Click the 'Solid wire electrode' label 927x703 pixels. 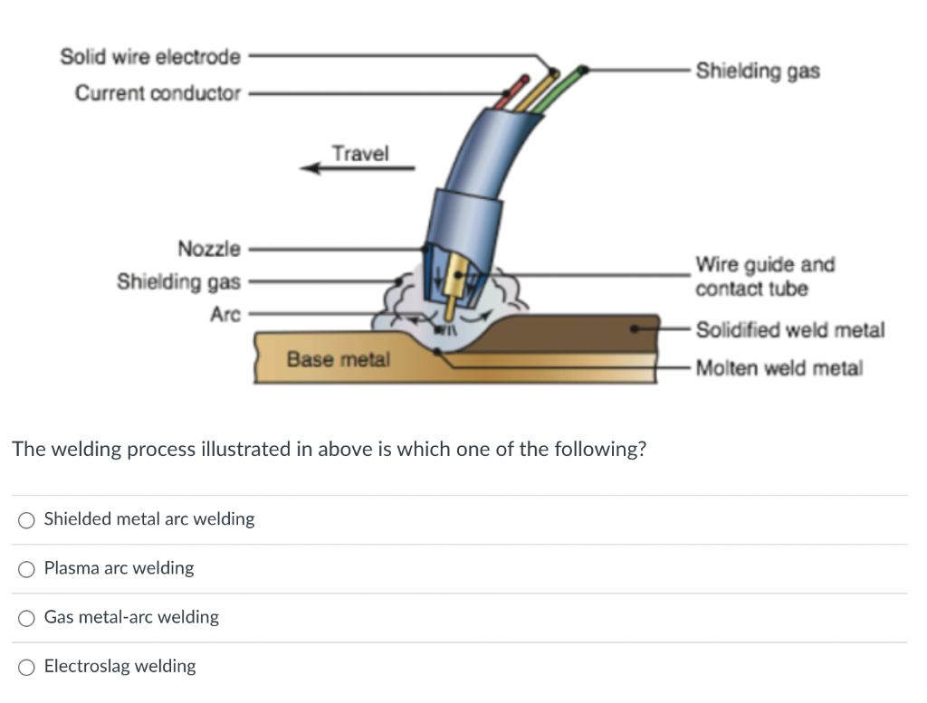pos(150,57)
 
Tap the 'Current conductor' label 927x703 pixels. pos(158,93)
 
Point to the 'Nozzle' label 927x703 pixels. pos(209,249)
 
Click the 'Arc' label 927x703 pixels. pos(225,314)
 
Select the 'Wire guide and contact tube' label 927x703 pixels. pos(765,277)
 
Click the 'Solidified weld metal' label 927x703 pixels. pos(789,329)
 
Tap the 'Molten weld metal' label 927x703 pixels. pos(779,368)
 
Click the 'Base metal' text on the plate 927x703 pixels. pos(339,359)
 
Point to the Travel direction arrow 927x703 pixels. pos(358,168)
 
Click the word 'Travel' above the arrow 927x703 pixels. pos(360,154)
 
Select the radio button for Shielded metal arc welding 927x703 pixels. pos(26,520)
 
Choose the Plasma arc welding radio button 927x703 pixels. pos(26,569)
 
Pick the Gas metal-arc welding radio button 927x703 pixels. pos(26,618)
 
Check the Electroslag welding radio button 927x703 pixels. pos(26,667)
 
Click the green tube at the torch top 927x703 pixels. pos(559,90)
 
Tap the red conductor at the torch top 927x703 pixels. pos(511,92)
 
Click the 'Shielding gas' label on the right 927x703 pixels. pos(758,71)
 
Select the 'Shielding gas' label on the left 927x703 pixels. pos(178,281)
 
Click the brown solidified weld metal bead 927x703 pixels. pos(568,334)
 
